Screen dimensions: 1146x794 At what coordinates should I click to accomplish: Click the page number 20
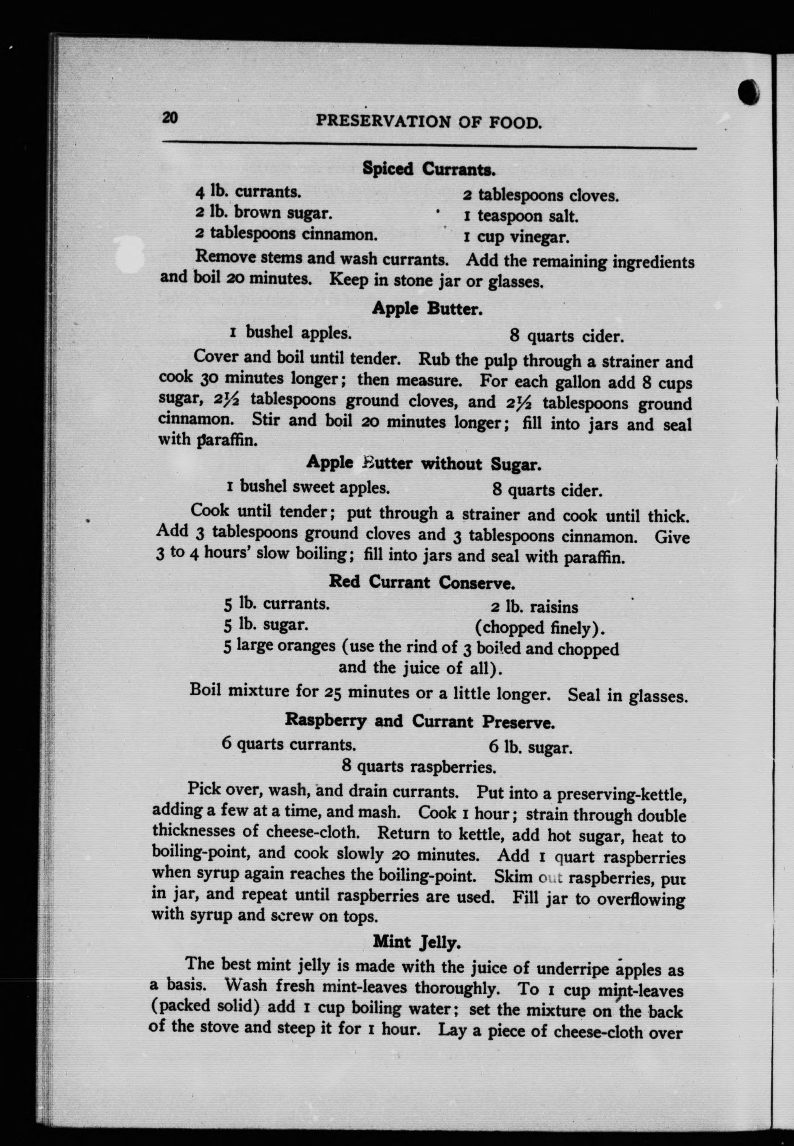pyautogui.click(x=170, y=118)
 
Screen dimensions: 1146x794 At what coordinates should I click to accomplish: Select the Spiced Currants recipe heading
pyautogui.click(x=429, y=169)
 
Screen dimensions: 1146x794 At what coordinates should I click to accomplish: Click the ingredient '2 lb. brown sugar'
pyautogui.click(x=263, y=213)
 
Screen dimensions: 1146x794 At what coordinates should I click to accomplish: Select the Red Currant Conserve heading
pyautogui.click(x=422, y=582)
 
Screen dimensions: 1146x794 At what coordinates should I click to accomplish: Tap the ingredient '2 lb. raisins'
pyautogui.click(x=534, y=607)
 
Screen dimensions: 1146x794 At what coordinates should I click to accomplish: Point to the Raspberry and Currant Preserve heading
pyautogui.click(x=420, y=721)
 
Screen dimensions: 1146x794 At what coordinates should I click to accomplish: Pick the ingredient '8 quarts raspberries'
pyautogui.click(x=419, y=766)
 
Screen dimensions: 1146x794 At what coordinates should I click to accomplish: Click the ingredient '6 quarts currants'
pyautogui.click(x=288, y=745)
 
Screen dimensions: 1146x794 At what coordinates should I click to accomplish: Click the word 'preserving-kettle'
pyautogui.click(x=622, y=794)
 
